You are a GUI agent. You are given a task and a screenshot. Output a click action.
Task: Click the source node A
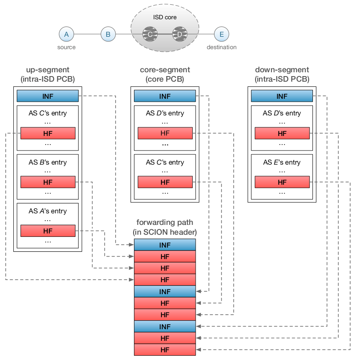point(66,34)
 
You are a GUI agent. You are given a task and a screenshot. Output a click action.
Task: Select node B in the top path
point(108,34)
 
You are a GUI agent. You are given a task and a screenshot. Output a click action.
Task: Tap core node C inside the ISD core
point(150,34)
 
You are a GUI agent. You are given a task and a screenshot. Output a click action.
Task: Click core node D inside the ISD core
point(179,34)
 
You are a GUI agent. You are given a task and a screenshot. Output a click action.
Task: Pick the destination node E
point(221,34)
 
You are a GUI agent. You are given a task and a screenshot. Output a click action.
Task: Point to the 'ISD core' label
point(165,18)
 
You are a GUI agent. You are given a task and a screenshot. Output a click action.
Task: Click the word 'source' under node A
point(66,47)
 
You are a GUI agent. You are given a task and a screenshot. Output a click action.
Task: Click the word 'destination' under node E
point(221,47)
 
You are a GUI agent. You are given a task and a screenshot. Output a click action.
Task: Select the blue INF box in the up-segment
point(48,96)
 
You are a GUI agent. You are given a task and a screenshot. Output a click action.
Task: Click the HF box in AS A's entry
point(48,231)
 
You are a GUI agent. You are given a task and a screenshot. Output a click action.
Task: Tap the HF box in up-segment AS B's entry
point(48,182)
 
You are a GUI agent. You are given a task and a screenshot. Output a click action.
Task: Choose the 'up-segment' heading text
point(48,70)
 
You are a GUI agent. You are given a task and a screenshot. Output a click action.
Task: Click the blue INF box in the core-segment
point(165,96)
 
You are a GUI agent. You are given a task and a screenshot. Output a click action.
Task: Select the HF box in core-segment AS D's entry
point(165,133)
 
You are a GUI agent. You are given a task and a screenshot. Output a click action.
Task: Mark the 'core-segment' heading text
point(165,70)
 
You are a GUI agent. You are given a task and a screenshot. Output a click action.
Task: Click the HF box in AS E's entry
point(282,182)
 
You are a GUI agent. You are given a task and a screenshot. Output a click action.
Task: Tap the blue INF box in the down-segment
point(282,96)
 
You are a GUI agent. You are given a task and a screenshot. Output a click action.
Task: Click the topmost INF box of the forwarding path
point(165,245)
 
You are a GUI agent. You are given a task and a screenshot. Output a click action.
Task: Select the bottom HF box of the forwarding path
point(165,350)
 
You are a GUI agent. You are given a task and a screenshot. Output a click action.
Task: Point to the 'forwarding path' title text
point(165,222)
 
